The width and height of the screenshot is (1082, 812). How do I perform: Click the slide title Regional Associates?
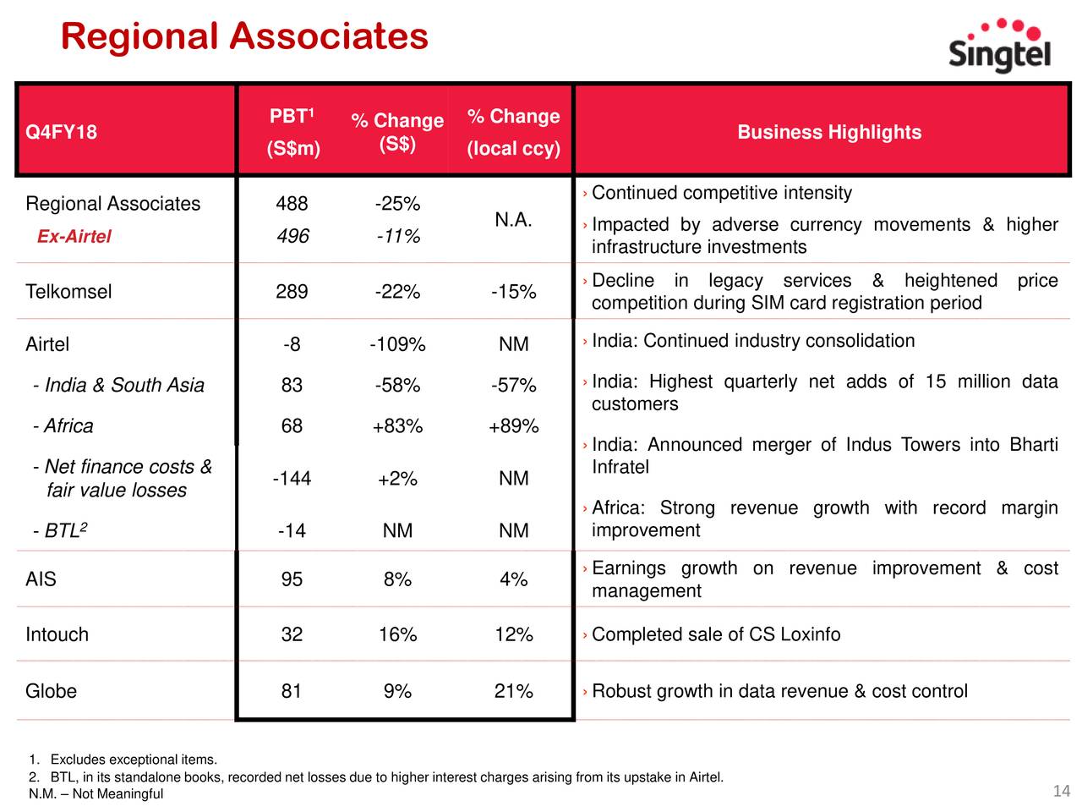pos(244,36)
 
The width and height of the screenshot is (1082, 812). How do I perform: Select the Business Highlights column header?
pos(828,132)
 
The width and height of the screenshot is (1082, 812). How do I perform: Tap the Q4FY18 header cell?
pos(61,132)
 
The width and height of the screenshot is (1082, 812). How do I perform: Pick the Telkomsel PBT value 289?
pos(292,291)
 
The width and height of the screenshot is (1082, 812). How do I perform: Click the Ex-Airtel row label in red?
pos(74,236)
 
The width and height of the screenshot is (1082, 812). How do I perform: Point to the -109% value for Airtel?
pos(397,343)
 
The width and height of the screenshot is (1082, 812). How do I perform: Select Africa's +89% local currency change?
pos(513,425)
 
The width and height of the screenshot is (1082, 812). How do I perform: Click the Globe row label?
pos(51,691)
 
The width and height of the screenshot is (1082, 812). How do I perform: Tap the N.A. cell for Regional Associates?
pos(513,219)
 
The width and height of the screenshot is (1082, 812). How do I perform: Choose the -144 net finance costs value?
pos(292,478)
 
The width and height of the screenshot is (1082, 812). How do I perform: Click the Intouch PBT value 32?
pos(292,634)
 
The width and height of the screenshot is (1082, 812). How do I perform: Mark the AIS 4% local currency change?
pos(513,579)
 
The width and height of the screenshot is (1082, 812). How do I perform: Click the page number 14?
pos(1061,792)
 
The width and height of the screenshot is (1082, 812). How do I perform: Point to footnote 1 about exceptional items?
pos(123,760)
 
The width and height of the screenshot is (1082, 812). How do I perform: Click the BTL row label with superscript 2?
pos(60,530)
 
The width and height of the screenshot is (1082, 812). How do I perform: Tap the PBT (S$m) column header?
pos(292,132)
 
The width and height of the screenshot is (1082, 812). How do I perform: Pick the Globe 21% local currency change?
pos(513,691)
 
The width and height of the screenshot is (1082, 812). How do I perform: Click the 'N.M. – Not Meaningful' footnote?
pos(96,793)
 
